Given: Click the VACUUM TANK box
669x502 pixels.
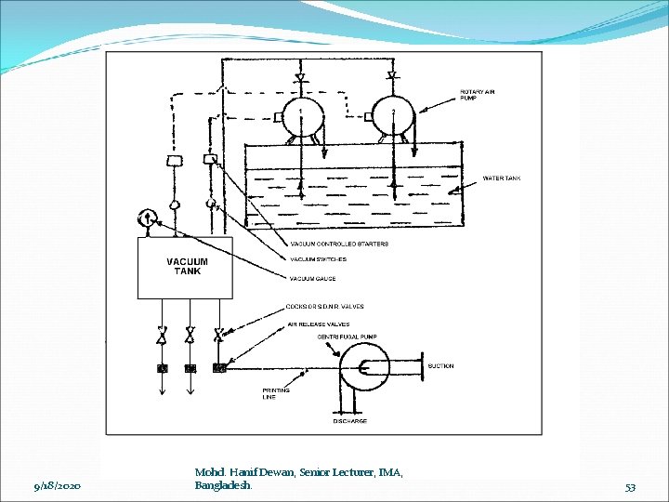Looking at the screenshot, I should tap(185, 268).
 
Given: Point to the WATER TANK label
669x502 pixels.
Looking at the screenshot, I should tap(502, 178).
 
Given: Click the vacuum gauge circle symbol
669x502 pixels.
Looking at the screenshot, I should tap(147, 219).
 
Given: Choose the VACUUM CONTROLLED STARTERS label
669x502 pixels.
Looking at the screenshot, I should tap(339, 244).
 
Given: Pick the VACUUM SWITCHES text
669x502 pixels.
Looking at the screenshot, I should tap(318, 259).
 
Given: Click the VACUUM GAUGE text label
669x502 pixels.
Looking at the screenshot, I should tap(312, 279).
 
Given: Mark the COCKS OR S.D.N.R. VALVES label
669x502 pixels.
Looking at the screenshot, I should tap(325, 306).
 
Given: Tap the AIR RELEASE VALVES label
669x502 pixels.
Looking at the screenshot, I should tap(318, 324).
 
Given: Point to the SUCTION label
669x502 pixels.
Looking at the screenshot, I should tap(441, 366).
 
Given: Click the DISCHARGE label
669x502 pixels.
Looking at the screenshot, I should tap(350, 421).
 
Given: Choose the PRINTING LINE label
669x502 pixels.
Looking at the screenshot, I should tap(275, 393).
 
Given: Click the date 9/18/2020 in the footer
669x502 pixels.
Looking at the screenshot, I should tap(57, 486).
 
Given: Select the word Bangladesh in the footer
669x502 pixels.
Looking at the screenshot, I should tap(223, 486).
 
